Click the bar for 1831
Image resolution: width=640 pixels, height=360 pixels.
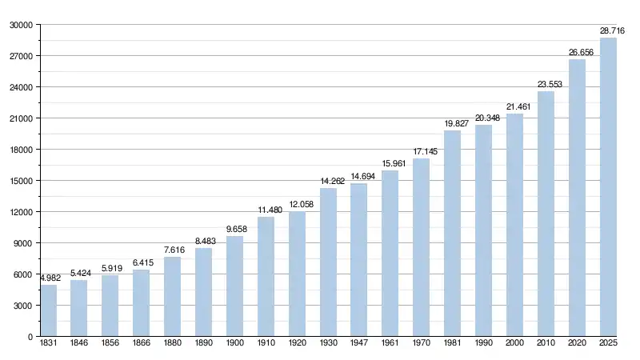coord(49,310)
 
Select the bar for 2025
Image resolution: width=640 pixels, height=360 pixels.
coord(609,187)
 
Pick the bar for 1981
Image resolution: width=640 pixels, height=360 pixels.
coord(453,234)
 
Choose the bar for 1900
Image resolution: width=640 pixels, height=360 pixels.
coord(235,286)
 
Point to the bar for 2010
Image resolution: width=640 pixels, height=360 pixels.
coord(546,214)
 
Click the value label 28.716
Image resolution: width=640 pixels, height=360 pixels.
coord(613,30)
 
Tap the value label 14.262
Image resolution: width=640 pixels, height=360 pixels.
coord(331,181)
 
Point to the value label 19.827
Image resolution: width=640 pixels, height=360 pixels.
coord(456,122)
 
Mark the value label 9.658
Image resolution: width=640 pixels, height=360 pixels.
coord(238,228)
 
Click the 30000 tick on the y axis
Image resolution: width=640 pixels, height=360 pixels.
coord(20,25)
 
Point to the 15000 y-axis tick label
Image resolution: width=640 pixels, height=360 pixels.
coord(20,181)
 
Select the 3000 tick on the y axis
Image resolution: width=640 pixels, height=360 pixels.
coord(22,306)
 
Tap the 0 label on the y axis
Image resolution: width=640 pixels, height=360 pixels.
coord(30,337)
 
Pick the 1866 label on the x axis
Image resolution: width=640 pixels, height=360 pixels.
coord(142,344)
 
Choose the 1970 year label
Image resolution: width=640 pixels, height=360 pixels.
coord(422,344)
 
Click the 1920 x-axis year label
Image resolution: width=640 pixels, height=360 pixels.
coord(297,344)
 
